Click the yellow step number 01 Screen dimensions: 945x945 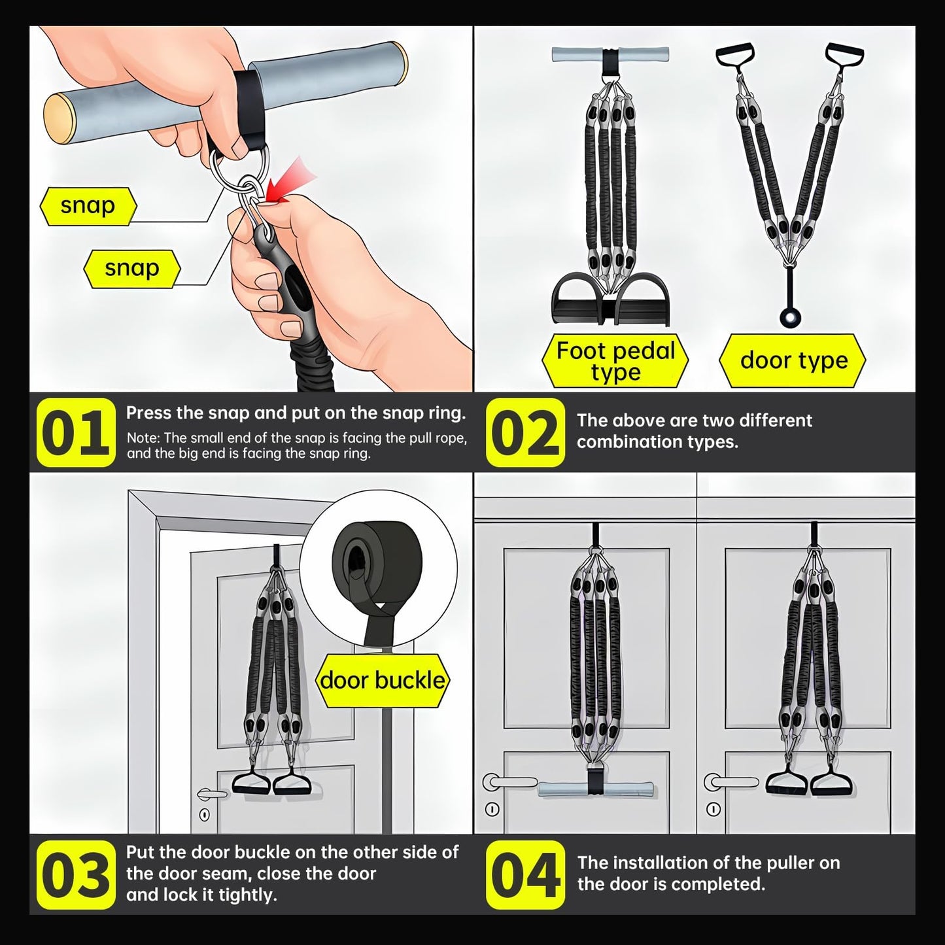[x=76, y=432]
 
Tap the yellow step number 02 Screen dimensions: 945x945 [x=525, y=432]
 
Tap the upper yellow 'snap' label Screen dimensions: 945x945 [x=88, y=206]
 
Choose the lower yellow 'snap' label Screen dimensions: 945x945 [x=132, y=269]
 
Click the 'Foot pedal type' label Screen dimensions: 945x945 [x=615, y=361]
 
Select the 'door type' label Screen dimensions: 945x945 [x=793, y=361]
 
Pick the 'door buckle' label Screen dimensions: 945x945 [x=383, y=681]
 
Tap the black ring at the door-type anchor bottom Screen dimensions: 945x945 [x=790, y=318]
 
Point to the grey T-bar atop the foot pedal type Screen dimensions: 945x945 [x=610, y=54]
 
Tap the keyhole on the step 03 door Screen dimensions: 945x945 [x=205, y=815]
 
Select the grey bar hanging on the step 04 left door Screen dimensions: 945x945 [x=595, y=789]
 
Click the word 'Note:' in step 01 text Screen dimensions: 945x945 [x=144, y=438]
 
